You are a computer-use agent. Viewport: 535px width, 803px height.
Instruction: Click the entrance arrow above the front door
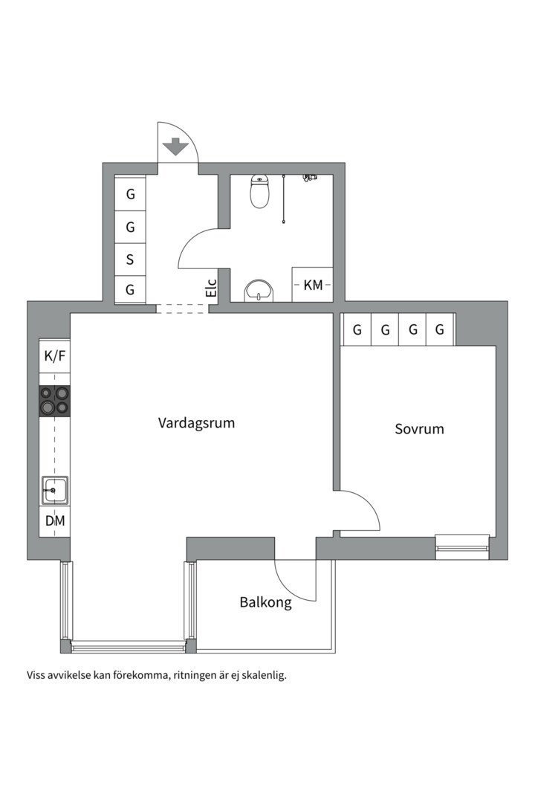pyautogui.click(x=175, y=146)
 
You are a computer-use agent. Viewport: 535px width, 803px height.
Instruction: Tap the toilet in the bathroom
pyautogui.click(x=259, y=191)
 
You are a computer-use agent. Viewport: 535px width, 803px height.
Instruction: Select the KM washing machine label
pyautogui.click(x=313, y=285)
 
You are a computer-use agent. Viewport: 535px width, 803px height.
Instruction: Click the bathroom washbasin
pyautogui.click(x=259, y=291)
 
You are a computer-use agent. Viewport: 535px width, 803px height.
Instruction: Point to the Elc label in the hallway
pyautogui.click(x=212, y=288)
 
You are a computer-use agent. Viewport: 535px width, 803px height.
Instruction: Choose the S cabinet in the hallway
pyautogui.click(x=130, y=259)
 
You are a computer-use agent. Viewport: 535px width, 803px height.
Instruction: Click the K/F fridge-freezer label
pyautogui.click(x=55, y=355)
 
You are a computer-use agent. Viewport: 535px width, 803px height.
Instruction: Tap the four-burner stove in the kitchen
pyautogui.click(x=55, y=401)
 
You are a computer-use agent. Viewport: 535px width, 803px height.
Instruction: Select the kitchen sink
pyautogui.click(x=55, y=490)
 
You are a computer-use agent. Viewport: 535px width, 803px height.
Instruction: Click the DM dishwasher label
pyautogui.click(x=55, y=520)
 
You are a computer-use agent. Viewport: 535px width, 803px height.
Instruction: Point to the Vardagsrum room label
pyautogui.click(x=196, y=423)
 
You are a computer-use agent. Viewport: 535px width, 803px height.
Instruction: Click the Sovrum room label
pyautogui.click(x=419, y=429)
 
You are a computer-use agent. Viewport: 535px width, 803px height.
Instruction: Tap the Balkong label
pyautogui.click(x=265, y=602)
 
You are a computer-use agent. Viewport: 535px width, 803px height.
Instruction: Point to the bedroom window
pyautogui.click(x=462, y=547)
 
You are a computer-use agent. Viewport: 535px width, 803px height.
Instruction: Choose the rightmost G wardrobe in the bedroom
pyautogui.click(x=440, y=330)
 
